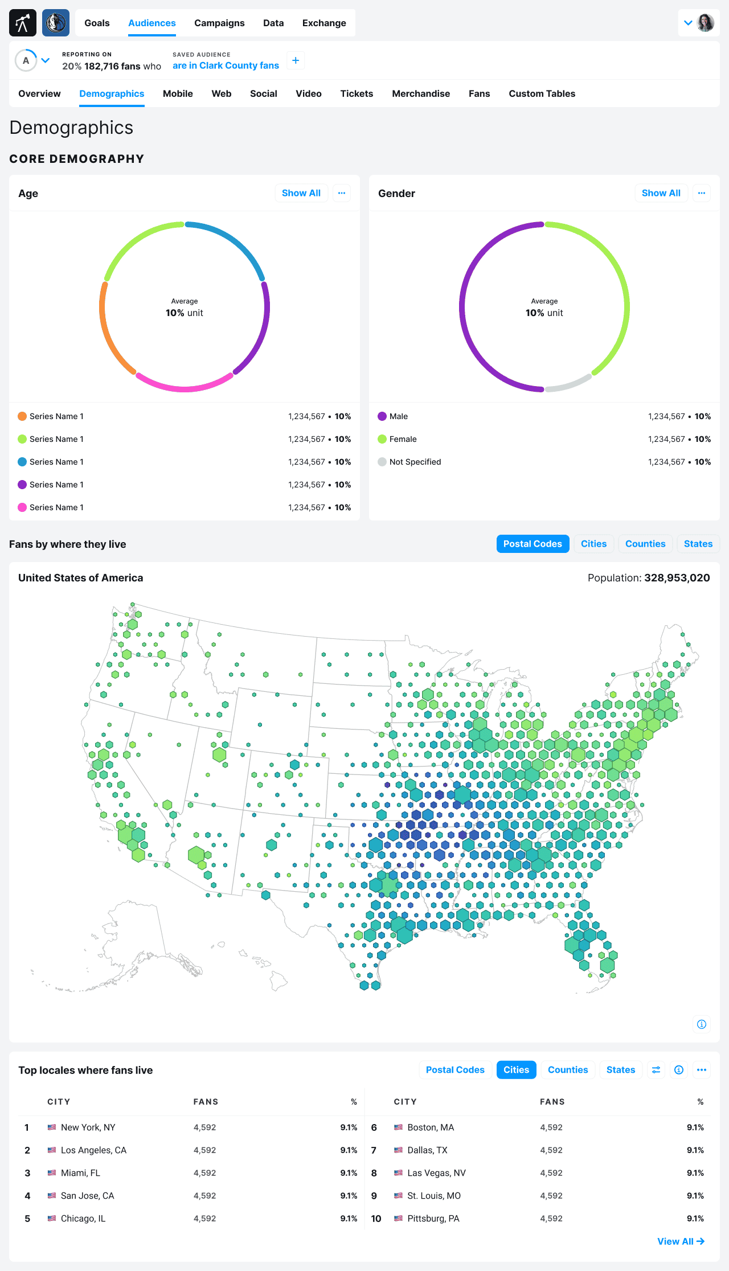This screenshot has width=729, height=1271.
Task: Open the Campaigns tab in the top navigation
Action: click(x=219, y=23)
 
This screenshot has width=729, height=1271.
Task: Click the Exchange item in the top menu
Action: click(x=324, y=23)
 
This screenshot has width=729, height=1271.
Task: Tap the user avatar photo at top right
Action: click(x=706, y=23)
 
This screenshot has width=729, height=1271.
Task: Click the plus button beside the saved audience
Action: click(x=296, y=60)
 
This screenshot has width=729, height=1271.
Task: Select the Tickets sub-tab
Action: click(x=357, y=93)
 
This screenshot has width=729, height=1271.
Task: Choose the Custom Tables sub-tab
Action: click(x=542, y=93)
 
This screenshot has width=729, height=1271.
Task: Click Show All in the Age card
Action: click(x=301, y=193)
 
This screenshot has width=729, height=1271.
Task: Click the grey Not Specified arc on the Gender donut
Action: click(x=568, y=383)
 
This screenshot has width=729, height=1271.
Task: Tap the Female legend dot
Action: click(x=382, y=439)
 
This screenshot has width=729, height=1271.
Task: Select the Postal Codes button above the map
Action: click(x=533, y=544)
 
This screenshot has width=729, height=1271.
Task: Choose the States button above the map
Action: click(x=698, y=544)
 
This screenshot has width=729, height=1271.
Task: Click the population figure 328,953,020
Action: click(x=677, y=578)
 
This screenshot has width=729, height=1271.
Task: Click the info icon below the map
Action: click(x=702, y=1024)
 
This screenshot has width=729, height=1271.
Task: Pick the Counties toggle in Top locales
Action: click(x=568, y=1070)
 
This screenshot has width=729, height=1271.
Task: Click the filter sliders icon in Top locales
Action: click(x=656, y=1070)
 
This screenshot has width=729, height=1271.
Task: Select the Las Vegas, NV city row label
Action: click(x=436, y=1173)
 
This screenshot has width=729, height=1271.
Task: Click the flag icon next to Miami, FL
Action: click(x=52, y=1173)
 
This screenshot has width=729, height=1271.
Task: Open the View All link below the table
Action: click(x=681, y=1241)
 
